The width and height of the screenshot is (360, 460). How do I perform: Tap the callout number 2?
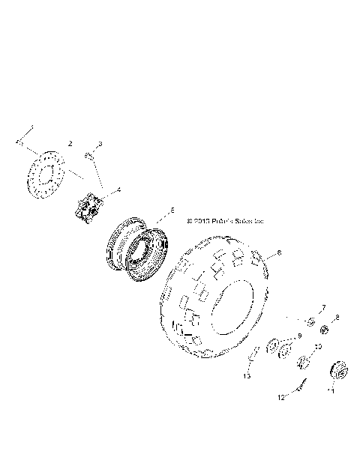tap(70, 142)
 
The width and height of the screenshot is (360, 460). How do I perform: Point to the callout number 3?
tap(100, 143)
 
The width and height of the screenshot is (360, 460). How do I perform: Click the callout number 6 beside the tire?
tap(280, 255)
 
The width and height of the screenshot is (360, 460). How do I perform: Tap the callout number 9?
tap(298, 336)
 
